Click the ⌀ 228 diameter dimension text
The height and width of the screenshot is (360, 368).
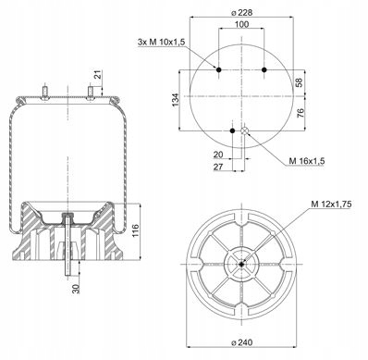tap(241, 13)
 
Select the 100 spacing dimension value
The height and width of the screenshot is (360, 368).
tap(241, 24)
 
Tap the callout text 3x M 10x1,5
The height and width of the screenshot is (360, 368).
tap(161, 43)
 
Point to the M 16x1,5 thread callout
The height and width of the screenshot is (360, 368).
tap(307, 161)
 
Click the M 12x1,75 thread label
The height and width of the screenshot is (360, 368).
tap(331, 204)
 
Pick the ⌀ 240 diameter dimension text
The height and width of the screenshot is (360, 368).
tap(241, 342)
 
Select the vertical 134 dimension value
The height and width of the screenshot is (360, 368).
tap(175, 100)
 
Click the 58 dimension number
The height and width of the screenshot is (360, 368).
tap(300, 82)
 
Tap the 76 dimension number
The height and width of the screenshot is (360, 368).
tap(301, 113)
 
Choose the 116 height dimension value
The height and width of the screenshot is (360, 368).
tap(135, 231)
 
